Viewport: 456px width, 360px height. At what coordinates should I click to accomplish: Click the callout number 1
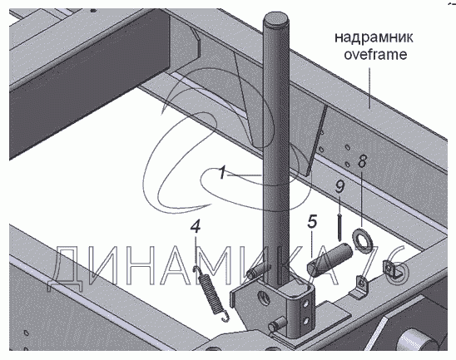pos(222,172)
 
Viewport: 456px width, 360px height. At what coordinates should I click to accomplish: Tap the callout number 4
pos(196,226)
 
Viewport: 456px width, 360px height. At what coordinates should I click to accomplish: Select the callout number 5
pos(312,222)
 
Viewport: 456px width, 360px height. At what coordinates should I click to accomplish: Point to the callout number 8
pos(362,161)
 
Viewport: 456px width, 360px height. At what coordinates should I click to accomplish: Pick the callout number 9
pos(340,186)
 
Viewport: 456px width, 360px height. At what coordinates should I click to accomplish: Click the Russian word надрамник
pos(374,37)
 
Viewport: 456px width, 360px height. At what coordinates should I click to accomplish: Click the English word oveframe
pos(375,54)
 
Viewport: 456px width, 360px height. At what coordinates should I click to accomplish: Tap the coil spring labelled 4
pos(211,294)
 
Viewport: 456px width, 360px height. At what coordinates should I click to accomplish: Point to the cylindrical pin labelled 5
pos(330,259)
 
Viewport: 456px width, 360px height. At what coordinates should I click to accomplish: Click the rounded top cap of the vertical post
pos(276,20)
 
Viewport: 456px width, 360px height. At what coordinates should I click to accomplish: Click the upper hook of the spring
pos(196,269)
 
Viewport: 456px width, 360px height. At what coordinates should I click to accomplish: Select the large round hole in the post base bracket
pos(265,298)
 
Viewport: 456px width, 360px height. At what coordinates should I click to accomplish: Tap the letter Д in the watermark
pos(66,269)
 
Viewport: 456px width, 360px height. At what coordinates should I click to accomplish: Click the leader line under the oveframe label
pos(370,88)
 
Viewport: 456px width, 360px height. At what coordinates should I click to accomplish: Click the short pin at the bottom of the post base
pos(277,323)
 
